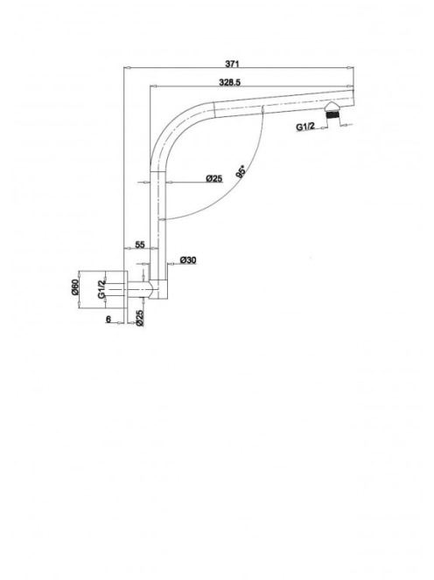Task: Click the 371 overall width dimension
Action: coord(232,64)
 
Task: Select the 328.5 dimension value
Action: coord(230,82)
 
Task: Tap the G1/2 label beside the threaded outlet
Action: coord(305,127)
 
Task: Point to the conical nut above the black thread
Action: coord(333,107)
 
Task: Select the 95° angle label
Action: coord(241,172)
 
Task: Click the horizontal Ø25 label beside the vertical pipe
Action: coord(214,179)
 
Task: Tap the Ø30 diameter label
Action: coord(188,260)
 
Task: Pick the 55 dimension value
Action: coord(140,245)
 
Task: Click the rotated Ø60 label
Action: coord(75,287)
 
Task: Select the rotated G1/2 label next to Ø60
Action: coord(101,289)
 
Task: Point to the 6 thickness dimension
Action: coord(108,319)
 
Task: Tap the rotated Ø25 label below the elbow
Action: coord(140,318)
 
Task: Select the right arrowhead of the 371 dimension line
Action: coord(350,67)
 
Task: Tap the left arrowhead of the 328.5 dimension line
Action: coord(153,86)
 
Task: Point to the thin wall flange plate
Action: coord(125,289)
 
